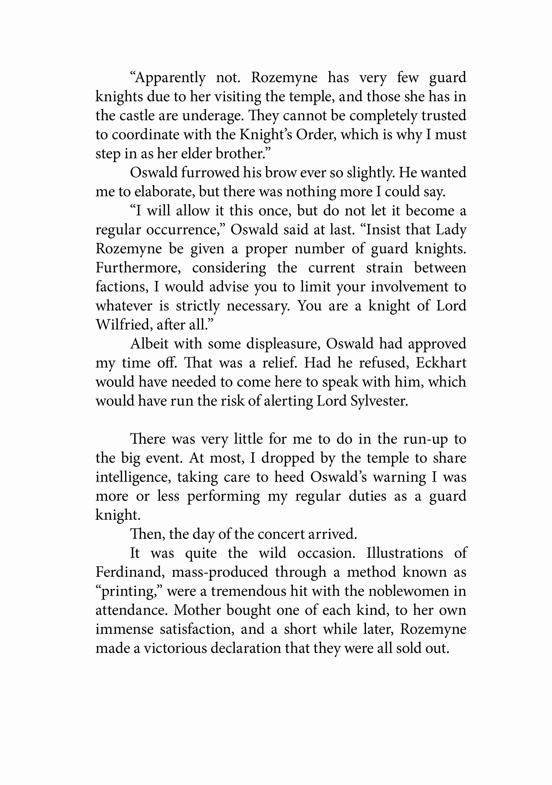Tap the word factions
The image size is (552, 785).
122,287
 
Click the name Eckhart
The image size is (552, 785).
441,363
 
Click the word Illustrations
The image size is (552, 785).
405,553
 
